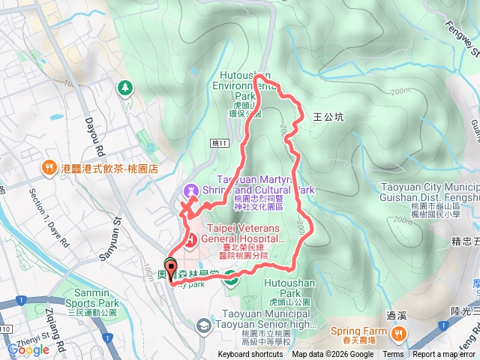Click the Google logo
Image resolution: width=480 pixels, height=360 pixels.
(28, 349)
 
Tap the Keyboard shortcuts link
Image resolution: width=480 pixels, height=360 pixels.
(250, 355)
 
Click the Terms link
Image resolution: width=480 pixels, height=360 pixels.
(393, 355)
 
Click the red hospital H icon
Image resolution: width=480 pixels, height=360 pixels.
(190, 239)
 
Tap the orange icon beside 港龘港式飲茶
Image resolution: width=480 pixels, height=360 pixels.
(49, 169)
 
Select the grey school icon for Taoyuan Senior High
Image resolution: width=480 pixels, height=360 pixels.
(203, 325)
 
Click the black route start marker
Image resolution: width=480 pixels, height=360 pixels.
(171, 265)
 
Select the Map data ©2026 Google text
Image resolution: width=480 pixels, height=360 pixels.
(333, 355)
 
